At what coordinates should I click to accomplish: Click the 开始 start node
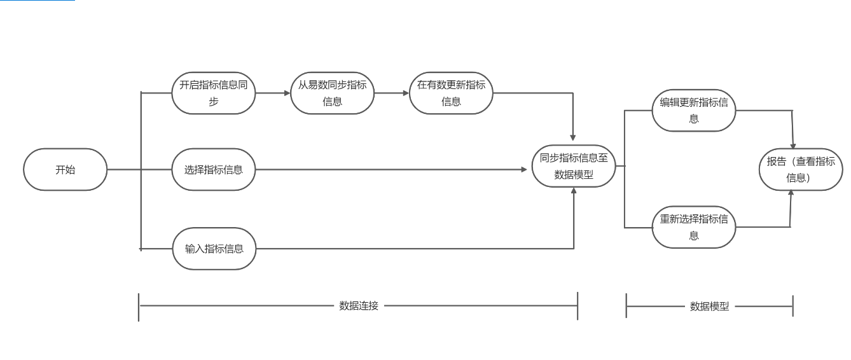[65, 170]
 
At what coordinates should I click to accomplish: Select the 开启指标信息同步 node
[213, 93]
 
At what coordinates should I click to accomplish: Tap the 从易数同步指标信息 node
[332, 93]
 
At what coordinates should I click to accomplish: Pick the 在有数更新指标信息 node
[451, 93]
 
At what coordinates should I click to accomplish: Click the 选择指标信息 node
[213, 170]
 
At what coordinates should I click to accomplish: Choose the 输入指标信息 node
[214, 249]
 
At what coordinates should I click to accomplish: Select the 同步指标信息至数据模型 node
[574, 166]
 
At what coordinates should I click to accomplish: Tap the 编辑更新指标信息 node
[693, 110]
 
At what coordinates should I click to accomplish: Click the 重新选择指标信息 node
[693, 227]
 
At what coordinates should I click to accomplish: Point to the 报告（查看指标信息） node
[801, 169]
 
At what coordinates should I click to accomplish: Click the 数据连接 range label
[359, 306]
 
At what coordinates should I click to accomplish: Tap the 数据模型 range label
[709, 307]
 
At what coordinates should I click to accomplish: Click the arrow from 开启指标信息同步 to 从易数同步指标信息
[273, 93]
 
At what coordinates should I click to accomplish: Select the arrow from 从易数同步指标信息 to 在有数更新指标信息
[392, 93]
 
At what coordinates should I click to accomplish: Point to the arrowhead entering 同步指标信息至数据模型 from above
[573, 137]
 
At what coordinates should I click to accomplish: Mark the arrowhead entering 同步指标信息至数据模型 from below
[574, 191]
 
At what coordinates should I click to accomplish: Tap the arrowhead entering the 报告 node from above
[793, 146]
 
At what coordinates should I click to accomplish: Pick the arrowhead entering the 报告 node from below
[791, 193]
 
